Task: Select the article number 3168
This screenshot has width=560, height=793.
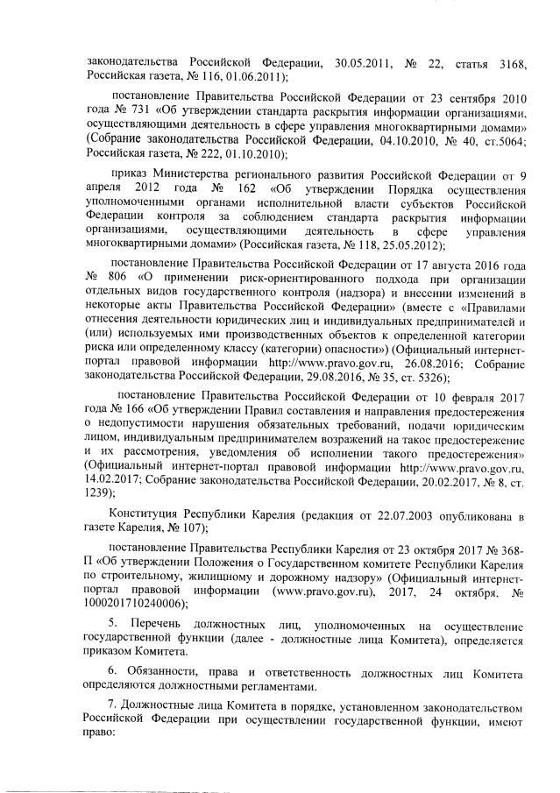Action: (504, 62)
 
